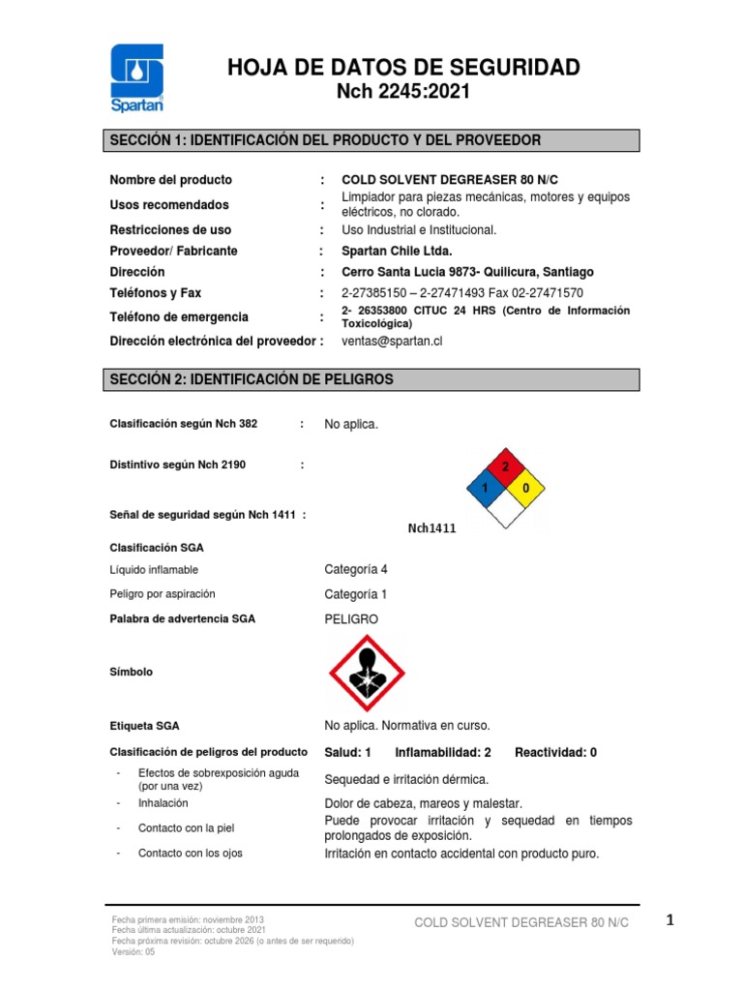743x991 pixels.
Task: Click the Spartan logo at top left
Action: coord(137,78)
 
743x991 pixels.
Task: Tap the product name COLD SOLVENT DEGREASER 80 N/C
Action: coord(450,180)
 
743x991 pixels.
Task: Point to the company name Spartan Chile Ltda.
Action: coord(398,251)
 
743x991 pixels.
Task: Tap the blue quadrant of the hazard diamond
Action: coord(486,489)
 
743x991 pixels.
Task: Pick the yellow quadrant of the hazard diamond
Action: coord(524,489)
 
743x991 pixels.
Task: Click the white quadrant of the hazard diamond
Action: coord(504,509)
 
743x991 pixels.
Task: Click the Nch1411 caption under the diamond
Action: coord(431,528)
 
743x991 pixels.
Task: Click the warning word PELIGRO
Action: coord(351,618)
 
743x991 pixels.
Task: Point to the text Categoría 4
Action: coord(355,569)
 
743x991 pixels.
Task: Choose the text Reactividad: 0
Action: coord(555,752)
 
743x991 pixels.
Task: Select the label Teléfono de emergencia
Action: coord(179,316)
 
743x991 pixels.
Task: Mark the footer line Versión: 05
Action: coord(134,951)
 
